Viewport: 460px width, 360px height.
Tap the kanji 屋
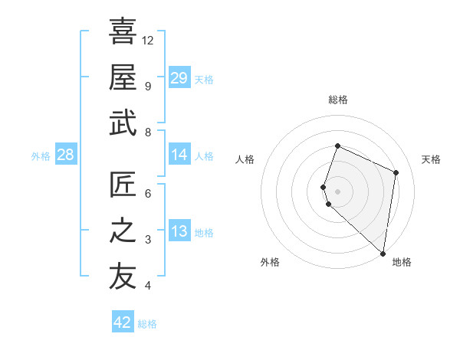pos(123,77)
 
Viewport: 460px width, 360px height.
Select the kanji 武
pos(123,122)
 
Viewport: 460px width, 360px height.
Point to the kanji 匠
pos(123,184)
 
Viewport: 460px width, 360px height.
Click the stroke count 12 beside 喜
pos(148,40)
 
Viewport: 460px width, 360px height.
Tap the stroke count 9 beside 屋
pos(148,86)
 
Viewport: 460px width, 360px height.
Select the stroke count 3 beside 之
pos(148,240)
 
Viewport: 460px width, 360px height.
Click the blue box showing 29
pos(179,78)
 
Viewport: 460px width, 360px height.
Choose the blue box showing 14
pos(179,155)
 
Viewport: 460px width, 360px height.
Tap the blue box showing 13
pos(179,232)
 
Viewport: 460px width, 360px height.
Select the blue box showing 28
pos(65,155)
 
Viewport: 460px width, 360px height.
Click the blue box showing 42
pos(123,322)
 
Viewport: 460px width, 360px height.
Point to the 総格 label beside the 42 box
pos(147,324)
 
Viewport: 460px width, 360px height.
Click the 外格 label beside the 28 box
pos(41,156)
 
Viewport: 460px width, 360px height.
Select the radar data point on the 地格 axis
pos(383,254)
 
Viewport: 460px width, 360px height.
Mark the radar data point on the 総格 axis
pos(337,146)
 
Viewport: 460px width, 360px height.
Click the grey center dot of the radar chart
pos(337,191)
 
